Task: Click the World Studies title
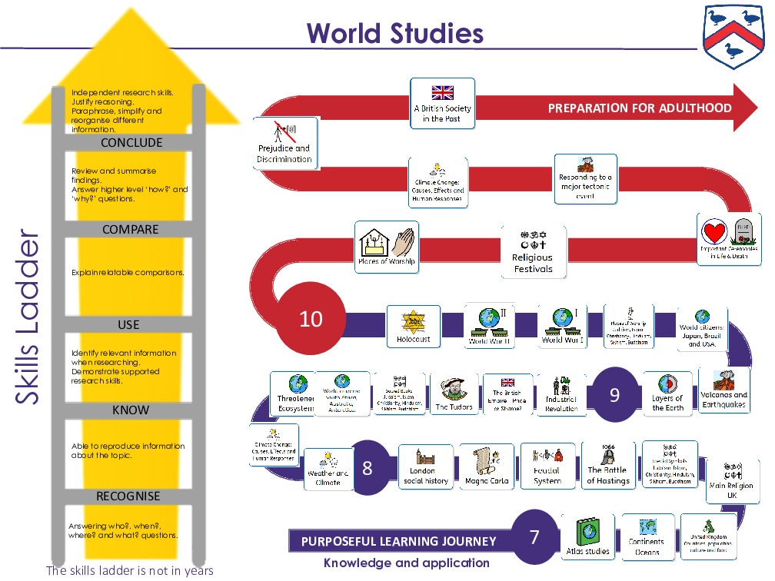pos(394,34)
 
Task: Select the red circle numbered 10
pos(311,318)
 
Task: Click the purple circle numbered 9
pos(614,395)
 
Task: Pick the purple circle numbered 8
pos(367,467)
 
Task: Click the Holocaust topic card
pos(414,326)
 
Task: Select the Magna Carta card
pos(487,466)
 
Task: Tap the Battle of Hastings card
pos(607,466)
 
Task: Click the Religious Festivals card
pos(533,251)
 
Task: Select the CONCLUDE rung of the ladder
pos(131,142)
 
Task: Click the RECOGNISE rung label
pos(128,496)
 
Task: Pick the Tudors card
pos(454,394)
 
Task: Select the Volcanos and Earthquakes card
pos(723,390)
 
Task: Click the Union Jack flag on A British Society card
pos(442,92)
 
